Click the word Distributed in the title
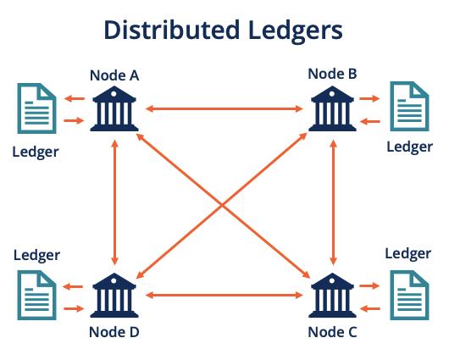[172, 30]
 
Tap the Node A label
[114, 75]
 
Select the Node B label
[332, 74]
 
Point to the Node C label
[332, 332]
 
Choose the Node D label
[114, 332]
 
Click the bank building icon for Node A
[114, 108]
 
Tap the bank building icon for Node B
[332, 108]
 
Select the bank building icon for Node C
[332, 296]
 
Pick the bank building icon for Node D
[114, 296]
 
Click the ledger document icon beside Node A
[37, 108]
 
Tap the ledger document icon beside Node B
[410, 106]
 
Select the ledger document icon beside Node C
[410, 296]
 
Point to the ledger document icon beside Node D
[37, 296]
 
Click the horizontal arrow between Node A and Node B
[224, 108]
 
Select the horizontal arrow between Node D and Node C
[224, 296]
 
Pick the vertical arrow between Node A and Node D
[114, 202]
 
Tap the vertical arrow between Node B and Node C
[333, 202]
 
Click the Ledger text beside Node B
[410, 147]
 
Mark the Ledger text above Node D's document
[37, 256]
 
